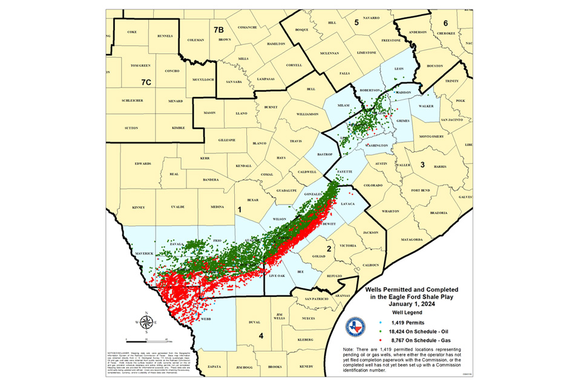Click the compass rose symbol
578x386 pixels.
click(x=146, y=322)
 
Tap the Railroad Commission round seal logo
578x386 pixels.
click(x=355, y=327)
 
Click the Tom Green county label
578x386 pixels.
click(x=140, y=65)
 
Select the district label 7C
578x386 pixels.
click(x=145, y=81)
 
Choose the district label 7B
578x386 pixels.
click(x=218, y=28)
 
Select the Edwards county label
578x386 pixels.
click(x=143, y=163)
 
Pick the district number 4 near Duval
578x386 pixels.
click(x=261, y=336)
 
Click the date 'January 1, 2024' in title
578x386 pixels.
click(x=415, y=303)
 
